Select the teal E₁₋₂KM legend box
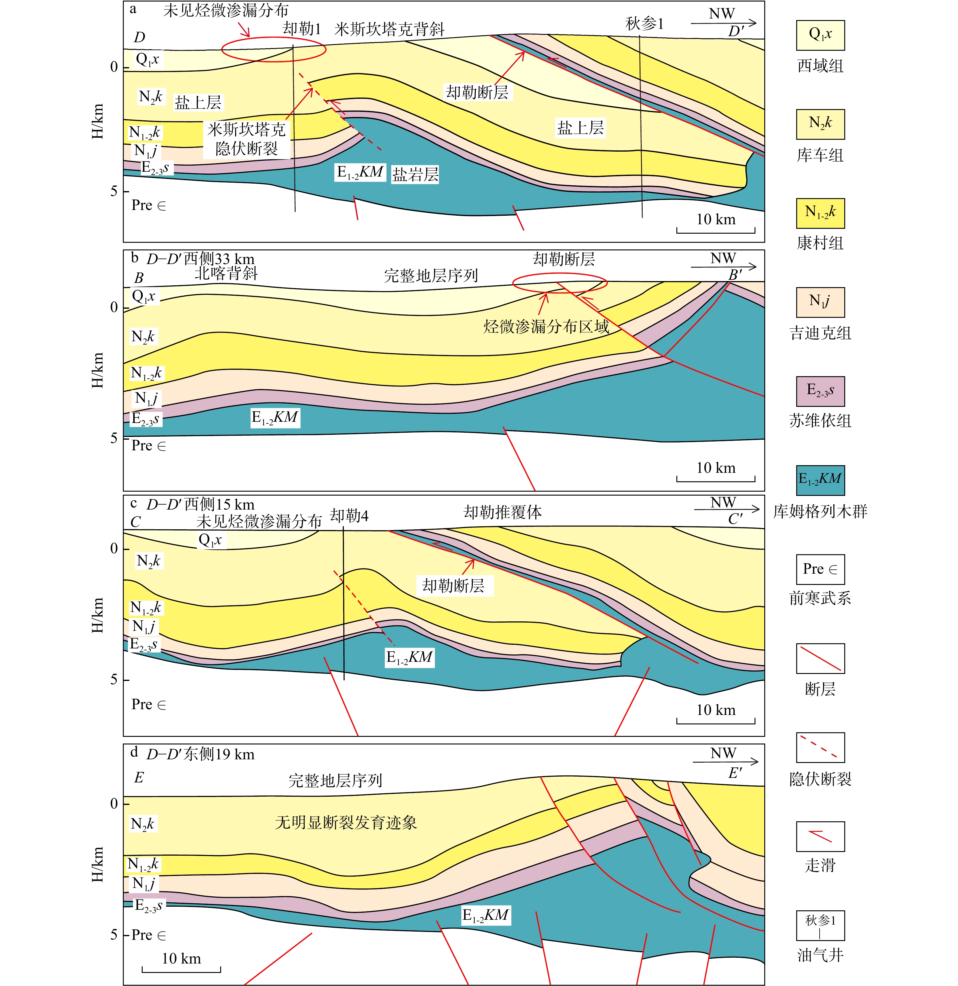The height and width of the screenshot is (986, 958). coord(820,480)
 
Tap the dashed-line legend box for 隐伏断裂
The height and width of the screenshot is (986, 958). coord(820,747)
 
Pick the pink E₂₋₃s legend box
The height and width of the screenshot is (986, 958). coord(820,391)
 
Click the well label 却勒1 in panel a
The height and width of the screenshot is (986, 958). coord(302,29)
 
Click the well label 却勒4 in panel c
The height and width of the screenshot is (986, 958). coord(349,516)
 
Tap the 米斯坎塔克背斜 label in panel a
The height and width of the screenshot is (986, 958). coord(389,29)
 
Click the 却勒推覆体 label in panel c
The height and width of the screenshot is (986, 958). coord(502,512)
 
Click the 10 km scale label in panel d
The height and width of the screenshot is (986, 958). coord(181,958)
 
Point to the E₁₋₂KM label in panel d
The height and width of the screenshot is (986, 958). coord(486,915)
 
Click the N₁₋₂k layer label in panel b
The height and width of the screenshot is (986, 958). coord(146,373)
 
